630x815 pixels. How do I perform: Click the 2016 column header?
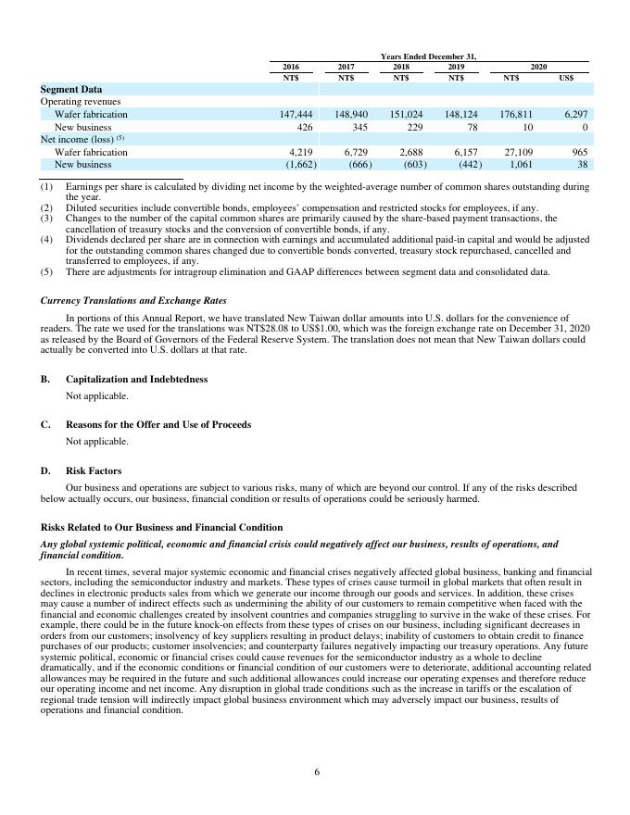(x=290, y=67)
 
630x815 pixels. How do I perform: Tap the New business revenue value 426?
(x=305, y=127)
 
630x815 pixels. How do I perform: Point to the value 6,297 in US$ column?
(x=574, y=114)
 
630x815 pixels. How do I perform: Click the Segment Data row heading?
(x=70, y=89)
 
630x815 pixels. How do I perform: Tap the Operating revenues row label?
(x=81, y=101)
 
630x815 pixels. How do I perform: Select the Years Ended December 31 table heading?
(x=435, y=56)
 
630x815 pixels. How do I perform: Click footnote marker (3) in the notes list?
(x=46, y=219)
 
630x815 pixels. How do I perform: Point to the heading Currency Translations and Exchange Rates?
(x=133, y=300)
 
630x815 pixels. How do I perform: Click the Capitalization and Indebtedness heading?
(x=136, y=379)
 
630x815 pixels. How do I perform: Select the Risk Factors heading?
(x=95, y=470)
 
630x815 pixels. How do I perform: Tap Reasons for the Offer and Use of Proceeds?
(x=158, y=424)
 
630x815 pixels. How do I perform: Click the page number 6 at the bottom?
(x=316, y=772)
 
